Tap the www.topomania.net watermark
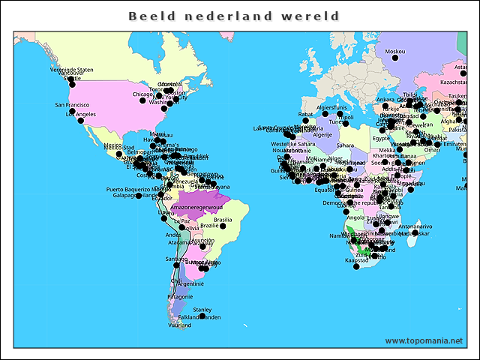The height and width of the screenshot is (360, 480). [x=424, y=340]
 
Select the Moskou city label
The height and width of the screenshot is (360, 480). [x=394, y=52]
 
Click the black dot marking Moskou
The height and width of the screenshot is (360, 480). [x=395, y=58]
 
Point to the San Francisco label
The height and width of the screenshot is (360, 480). [x=72, y=105]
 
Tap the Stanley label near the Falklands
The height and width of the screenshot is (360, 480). [x=202, y=309]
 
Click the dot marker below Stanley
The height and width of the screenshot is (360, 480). [x=202, y=316]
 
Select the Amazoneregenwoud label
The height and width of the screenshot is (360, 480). [x=196, y=206]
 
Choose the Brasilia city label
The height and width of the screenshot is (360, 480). [x=223, y=220]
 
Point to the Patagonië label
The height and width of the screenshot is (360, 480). [x=180, y=297]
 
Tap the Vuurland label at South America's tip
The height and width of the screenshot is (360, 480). [x=179, y=325]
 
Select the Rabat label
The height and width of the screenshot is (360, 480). [x=305, y=114]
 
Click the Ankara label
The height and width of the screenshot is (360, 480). [x=385, y=99]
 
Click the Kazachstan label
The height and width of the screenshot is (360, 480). [x=454, y=81]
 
